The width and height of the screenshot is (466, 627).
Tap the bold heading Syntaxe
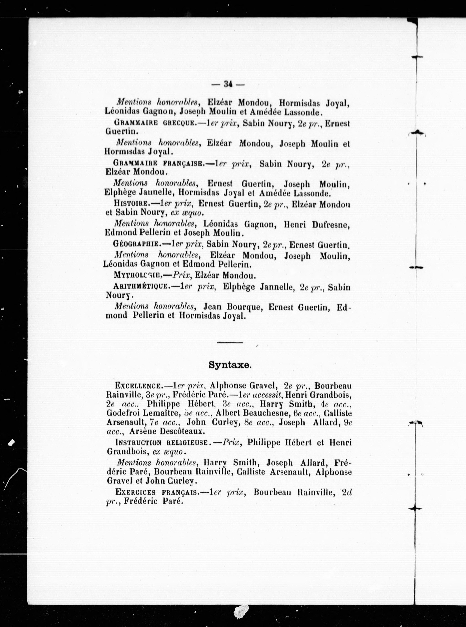pos(230,365)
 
